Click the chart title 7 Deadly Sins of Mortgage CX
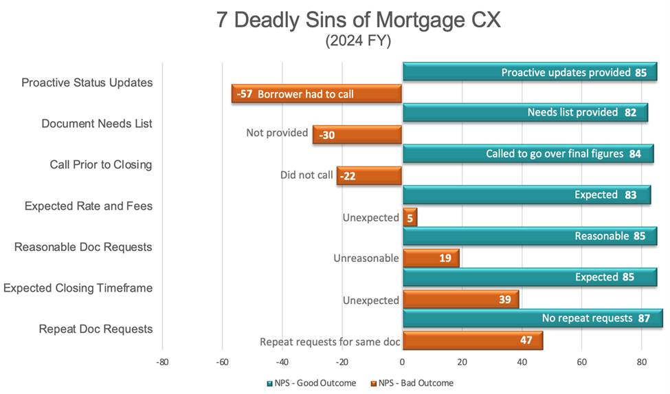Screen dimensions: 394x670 point(358,20)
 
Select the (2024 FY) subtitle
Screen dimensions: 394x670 point(358,41)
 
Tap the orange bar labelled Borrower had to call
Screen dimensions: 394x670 point(317,94)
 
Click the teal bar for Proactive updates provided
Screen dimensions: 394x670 point(529,72)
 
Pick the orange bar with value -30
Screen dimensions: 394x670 point(357,135)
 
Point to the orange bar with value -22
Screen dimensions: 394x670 point(369,175)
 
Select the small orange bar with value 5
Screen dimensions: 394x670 point(410,217)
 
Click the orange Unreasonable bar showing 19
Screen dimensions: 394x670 point(430,258)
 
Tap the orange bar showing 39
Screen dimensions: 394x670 point(460,299)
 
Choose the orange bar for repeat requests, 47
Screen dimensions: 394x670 point(472,340)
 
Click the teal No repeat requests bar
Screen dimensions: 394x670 point(533,318)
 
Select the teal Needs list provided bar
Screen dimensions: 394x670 point(524,113)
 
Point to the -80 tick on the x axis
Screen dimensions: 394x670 point(162,362)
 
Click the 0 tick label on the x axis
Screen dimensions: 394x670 point(402,362)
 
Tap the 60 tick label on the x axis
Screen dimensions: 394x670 point(581,362)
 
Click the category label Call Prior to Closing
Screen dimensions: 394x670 point(101,165)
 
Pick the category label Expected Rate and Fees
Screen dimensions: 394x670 point(89,206)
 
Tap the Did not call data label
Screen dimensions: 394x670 point(306,175)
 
